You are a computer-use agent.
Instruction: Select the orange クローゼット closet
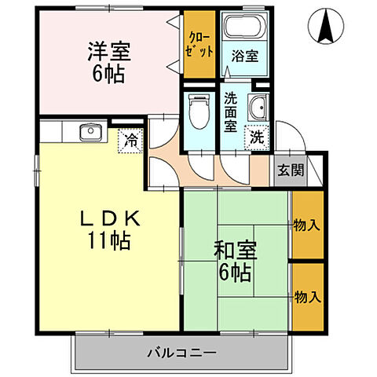pyautogui.click(x=199, y=45)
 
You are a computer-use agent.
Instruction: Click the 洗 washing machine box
pyautogui.click(x=257, y=135)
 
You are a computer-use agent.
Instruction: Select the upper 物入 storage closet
pyautogui.click(x=306, y=225)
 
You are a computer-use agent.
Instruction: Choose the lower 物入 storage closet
pyautogui.click(x=306, y=296)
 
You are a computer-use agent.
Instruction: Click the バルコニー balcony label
pyautogui.click(x=181, y=353)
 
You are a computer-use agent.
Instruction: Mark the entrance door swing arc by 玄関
pyautogui.click(x=288, y=140)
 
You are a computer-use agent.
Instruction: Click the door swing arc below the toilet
pyautogui.click(x=201, y=165)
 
